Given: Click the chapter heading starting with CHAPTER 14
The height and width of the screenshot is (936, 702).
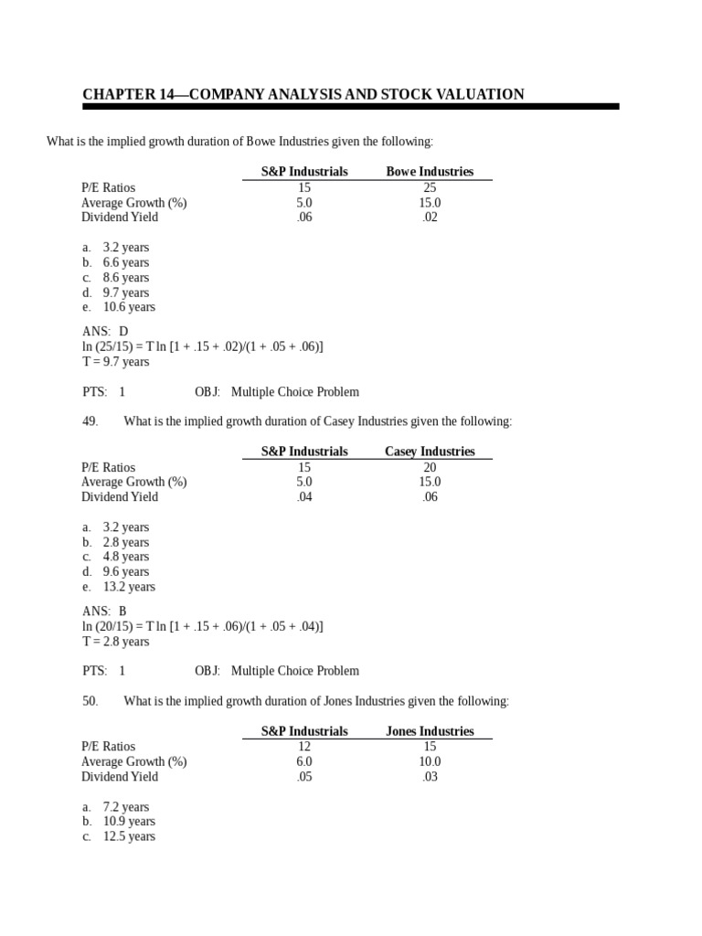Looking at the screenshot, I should click(x=303, y=94).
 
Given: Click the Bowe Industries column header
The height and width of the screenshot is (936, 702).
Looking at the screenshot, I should click(x=430, y=172).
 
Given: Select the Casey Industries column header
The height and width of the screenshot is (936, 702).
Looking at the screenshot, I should click(x=430, y=452).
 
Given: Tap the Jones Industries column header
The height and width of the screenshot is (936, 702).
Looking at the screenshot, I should click(x=430, y=731).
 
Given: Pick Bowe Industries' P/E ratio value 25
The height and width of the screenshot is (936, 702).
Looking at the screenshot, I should click(x=430, y=187).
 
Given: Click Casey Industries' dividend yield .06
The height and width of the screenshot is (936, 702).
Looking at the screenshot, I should click(x=430, y=497).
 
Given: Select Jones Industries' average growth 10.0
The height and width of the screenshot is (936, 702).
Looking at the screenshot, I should click(x=430, y=761).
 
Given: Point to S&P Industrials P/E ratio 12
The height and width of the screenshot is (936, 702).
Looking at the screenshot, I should click(x=304, y=747).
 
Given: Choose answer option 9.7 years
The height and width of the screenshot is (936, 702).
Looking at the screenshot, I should click(x=126, y=292).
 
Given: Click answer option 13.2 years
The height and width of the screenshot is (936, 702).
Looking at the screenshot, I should click(x=129, y=587).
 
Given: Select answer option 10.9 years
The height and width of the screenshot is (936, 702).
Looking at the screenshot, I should click(x=129, y=822).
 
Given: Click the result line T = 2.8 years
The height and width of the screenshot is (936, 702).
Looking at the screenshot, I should click(x=115, y=642).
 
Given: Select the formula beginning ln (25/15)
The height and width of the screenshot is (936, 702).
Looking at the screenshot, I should click(x=202, y=346).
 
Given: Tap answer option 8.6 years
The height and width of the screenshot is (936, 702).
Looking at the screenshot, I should click(x=126, y=278).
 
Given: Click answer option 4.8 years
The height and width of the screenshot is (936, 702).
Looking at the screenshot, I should click(x=126, y=557).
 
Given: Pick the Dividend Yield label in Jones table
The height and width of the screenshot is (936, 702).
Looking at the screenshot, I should click(x=120, y=777).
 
